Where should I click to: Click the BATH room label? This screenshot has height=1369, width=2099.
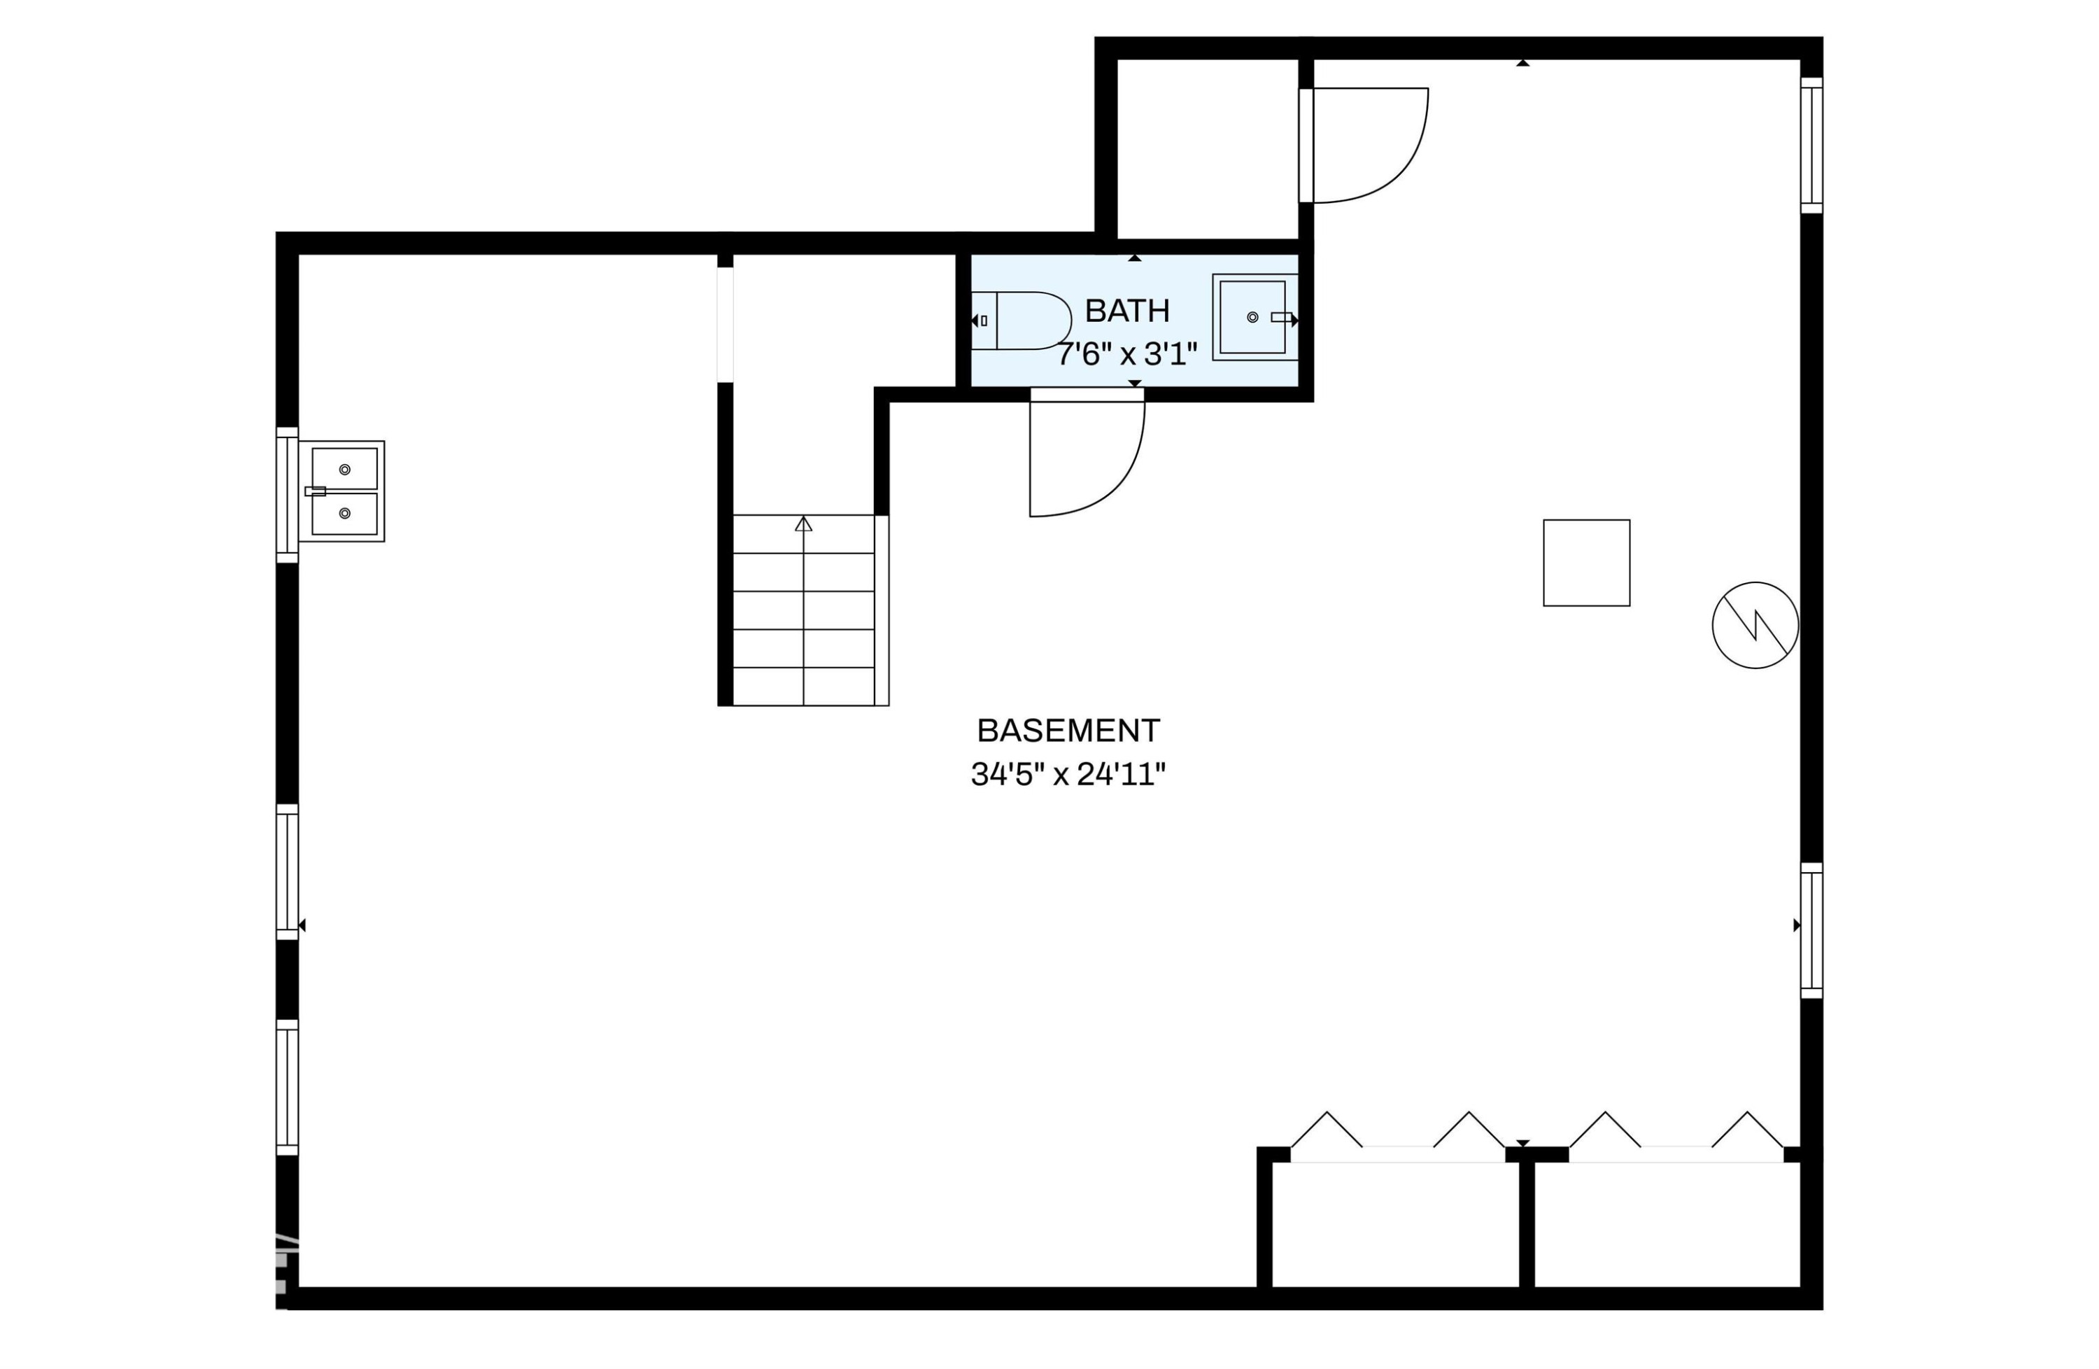tap(1126, 311)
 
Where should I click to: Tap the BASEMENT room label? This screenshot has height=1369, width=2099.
tap(1068, 731)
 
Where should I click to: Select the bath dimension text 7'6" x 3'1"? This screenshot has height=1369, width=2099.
tap(1127, 355)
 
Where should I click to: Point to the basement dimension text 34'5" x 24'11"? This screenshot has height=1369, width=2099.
tap(1068, 775)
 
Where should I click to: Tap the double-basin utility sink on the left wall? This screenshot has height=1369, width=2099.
tap(342, 491)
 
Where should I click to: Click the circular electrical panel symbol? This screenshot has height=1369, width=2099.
tap(1755, 626)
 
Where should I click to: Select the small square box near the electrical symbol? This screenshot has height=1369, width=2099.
tap(1587, 563)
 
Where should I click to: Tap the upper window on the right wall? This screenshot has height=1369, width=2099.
tap(1811, 146)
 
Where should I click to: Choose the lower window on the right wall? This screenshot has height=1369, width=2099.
tap(1811, 931)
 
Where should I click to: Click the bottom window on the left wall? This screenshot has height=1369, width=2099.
tap(288, 1088)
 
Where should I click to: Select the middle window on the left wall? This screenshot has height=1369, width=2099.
tap(288, 872)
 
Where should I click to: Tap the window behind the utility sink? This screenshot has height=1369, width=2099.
tap(288, 495)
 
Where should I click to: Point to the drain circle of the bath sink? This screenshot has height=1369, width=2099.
tap(1252, 316)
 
